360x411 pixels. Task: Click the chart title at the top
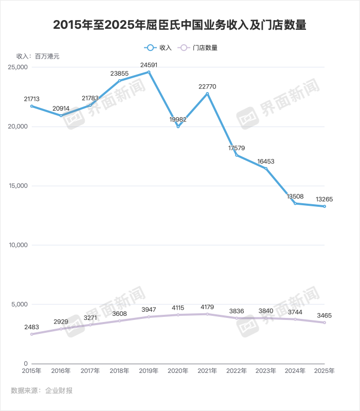click(x=179, y=25)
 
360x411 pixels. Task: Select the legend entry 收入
click(x=158, y=47)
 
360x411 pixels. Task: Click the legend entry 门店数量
click(x=198, y=47)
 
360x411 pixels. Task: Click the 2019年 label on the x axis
click(x=149, y=370)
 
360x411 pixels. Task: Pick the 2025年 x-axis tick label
click(x=325, y=370)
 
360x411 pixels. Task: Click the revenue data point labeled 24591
click(x=149, y=72)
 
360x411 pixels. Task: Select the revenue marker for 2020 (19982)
click(x=178, y=127)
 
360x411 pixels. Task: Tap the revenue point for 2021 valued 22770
click(x=207, y=94)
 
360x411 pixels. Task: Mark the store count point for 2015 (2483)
click(x=31, y=334)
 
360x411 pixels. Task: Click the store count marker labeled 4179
click(x=207, y=314)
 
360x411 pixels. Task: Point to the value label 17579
click(x=237, y=148)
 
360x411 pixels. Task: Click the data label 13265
click(x=325, y=199)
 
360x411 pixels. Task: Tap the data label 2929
click(x=61, y=321)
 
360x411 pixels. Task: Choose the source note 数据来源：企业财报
click(x=42, y=391)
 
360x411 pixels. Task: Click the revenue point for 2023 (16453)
click(x=266, y=168)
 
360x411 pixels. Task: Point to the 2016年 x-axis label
click(x=61, y=370)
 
